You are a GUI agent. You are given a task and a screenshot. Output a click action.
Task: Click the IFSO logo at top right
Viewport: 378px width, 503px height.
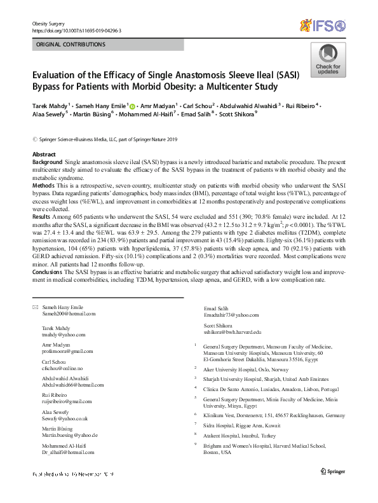[324, 25]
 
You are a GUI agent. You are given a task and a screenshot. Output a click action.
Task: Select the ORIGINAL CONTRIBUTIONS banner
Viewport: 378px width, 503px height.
[72, 45]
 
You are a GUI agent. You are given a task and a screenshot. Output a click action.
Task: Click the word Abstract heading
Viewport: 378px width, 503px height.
[43, 155]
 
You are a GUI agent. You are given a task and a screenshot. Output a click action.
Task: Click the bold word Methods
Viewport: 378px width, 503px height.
[44, 185]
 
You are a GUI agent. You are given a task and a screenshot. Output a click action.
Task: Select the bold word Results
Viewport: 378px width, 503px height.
[43, 217]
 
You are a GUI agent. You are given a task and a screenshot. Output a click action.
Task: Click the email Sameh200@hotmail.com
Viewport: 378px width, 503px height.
[69, 314]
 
